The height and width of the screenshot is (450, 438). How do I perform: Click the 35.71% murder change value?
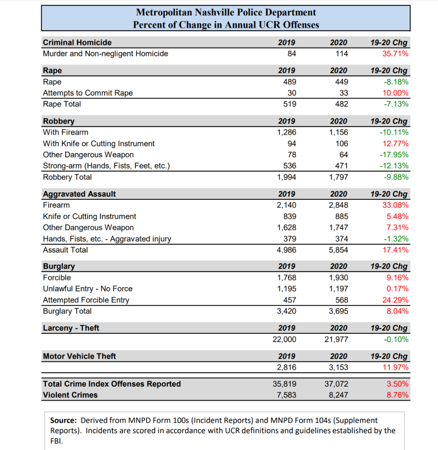click(395, 54)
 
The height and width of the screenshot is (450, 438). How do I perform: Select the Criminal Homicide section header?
click(77, 43)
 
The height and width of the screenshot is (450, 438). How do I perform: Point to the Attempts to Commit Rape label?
click(88, 93)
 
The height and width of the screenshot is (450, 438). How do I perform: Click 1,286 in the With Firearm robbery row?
click(286, 132)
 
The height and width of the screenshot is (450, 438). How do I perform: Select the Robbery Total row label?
click(67, 177)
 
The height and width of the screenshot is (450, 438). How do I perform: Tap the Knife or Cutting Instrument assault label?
click(90, 216)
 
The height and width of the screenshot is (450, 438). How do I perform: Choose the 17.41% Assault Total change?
click(395, 250)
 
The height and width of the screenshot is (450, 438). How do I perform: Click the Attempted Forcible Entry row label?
click(86, 300)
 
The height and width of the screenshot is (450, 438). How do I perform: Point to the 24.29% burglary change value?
click(395, 300)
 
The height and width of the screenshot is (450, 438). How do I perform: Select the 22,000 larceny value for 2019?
click(284, 340)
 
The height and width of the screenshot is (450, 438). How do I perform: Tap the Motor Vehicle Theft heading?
click(79, 356)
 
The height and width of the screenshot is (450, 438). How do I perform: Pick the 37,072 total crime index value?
click(336, 384)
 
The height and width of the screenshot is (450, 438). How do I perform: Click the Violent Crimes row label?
click(70, 395)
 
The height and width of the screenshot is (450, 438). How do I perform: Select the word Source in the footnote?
click(63, 420)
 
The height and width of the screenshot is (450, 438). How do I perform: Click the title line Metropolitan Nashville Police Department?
click(226, 13)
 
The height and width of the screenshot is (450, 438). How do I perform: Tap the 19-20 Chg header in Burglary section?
click(389, 266)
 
